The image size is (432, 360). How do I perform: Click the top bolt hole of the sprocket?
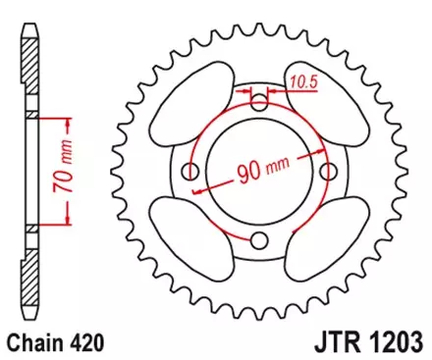click(x=259, y=103)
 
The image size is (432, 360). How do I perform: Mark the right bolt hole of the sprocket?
click(x=328, y=172)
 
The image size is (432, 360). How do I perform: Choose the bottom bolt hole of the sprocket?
click(x=259, y=240)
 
